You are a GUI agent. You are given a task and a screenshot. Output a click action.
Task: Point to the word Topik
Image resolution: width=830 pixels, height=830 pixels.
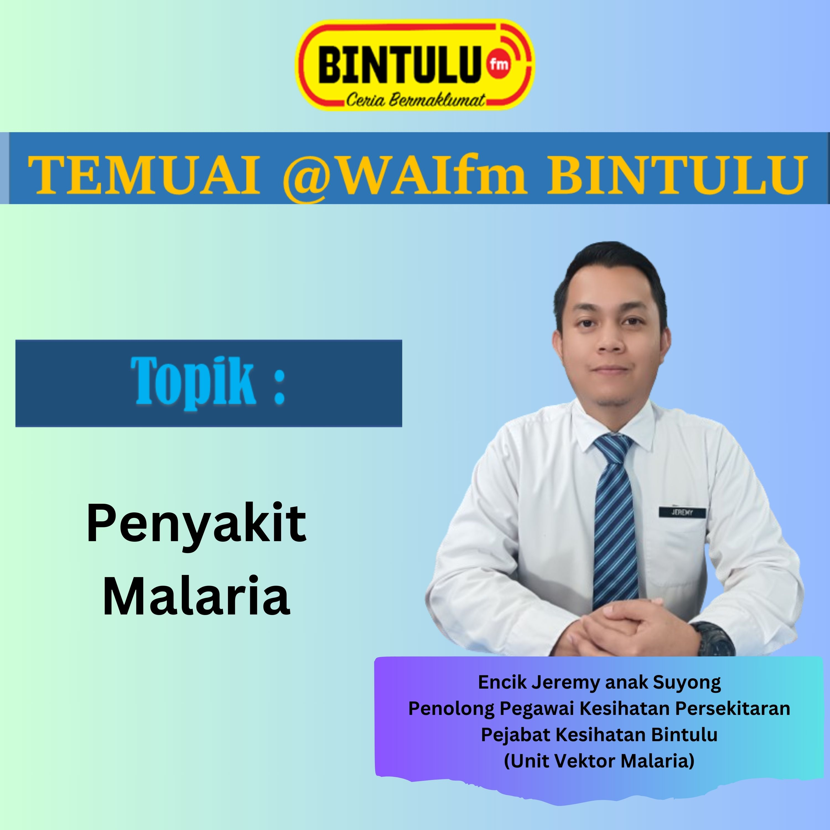pyautogui.click(x=193, y=382)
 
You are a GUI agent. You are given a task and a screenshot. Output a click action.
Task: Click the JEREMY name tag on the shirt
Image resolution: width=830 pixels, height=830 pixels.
pyautogui.click(x=683, y=512)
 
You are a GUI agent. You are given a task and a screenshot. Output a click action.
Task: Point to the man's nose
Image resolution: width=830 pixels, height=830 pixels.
pyautogui.click(x=610, y=339)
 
